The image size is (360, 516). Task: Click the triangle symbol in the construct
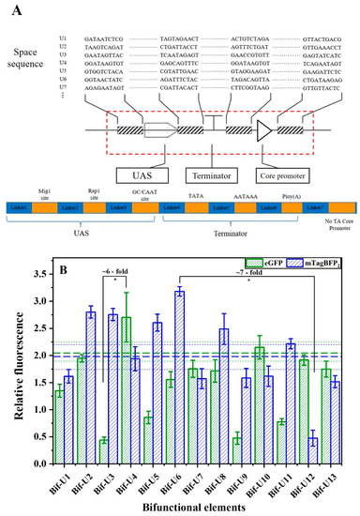tap(270, 134)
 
